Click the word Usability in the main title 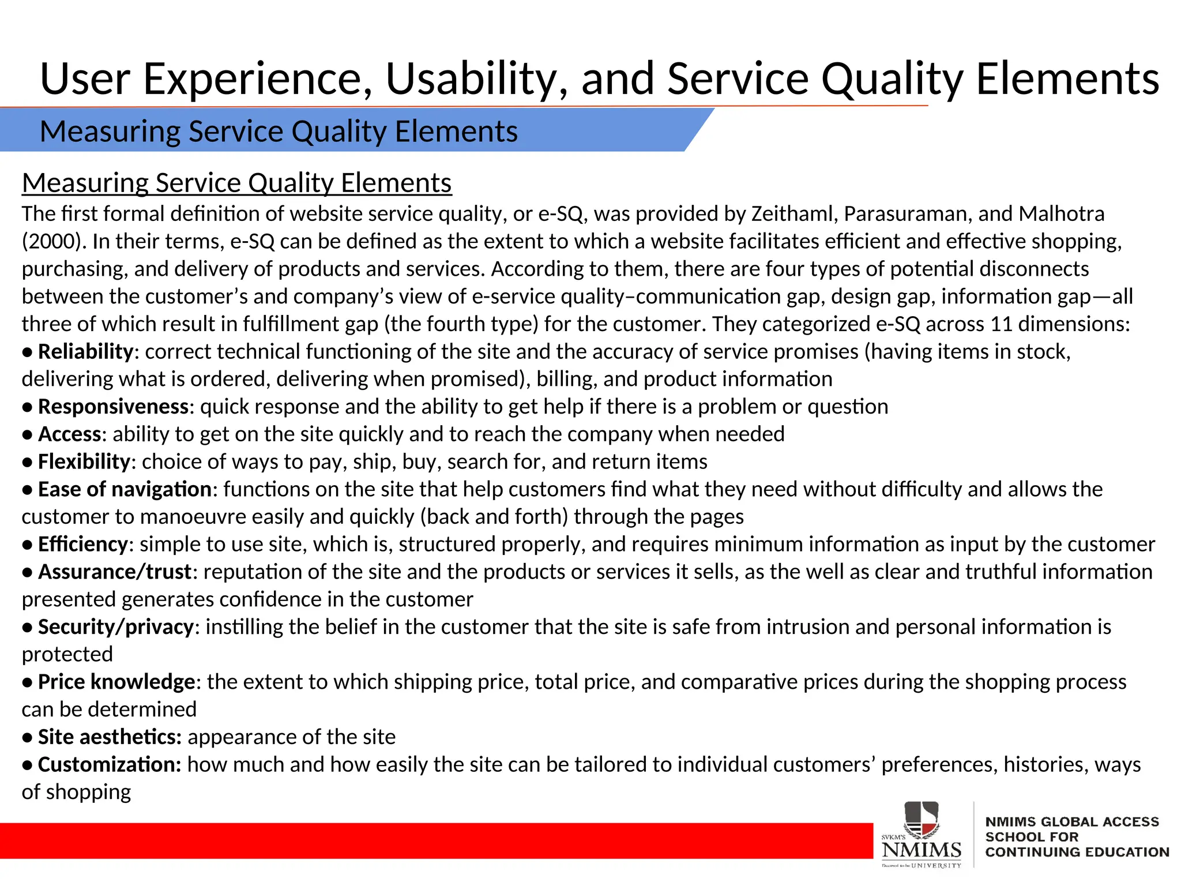tap(476, 79)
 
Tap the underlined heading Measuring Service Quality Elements tap(236, 183)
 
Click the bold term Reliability tap(85, 351)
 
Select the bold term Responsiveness tap(113, 407)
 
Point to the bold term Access tap(69, 434)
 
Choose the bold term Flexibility tap(84, 461)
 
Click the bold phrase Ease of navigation tap(125, 489)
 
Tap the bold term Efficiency tap(82, 544)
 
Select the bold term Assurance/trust tap(114, 572)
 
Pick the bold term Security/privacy tap(115, 627)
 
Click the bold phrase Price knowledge tap(116, 682)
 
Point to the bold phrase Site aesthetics tap(110, 737)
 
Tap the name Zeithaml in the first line tap(793, 214)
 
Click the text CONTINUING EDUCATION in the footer tap(1077, 852)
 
